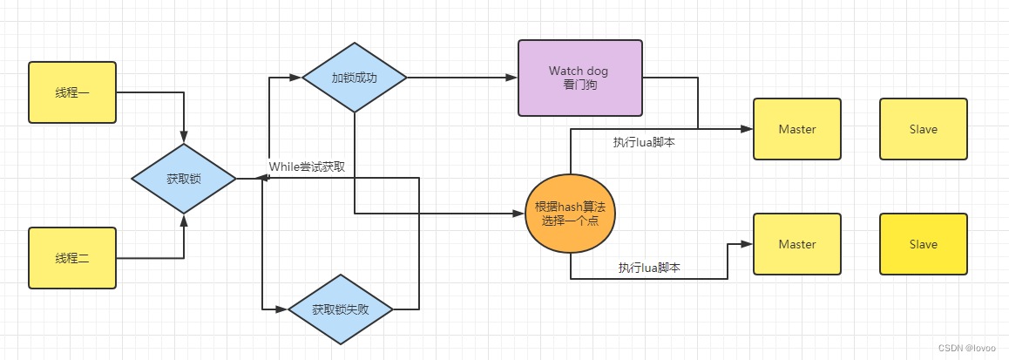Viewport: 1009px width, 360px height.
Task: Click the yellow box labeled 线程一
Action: pos(72,92)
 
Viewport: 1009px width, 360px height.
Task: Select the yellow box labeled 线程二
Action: pos(72,258)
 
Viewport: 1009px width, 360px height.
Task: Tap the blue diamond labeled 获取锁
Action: pos(184,179)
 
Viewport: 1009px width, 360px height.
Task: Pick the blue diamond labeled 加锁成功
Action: pos(355,77)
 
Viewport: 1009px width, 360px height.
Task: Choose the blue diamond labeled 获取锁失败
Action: pos(341,309)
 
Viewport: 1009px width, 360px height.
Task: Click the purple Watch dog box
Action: pos(579,78)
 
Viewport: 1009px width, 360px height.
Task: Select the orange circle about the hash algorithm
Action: pos(570,213)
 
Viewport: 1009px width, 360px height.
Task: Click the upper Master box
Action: pos(796,129)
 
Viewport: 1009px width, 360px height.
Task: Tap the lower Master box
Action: pos(796,244)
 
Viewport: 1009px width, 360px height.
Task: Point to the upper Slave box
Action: pos(923,129)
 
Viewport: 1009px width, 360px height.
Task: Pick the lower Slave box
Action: pos(923,244)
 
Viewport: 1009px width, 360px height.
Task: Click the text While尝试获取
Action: pos(311,166)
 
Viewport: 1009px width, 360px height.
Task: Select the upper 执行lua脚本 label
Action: pos(643,142)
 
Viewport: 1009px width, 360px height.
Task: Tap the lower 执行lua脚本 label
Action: pos(648,268)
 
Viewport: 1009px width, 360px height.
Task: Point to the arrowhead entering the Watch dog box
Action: pos(512,77)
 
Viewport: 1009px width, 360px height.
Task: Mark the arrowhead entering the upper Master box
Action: pos(748,129)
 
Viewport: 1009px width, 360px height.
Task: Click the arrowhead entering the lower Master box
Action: pos(748,244)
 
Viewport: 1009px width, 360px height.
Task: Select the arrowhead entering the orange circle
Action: pos(519,213)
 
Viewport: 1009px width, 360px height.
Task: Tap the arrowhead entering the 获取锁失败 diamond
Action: pos(282,309)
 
